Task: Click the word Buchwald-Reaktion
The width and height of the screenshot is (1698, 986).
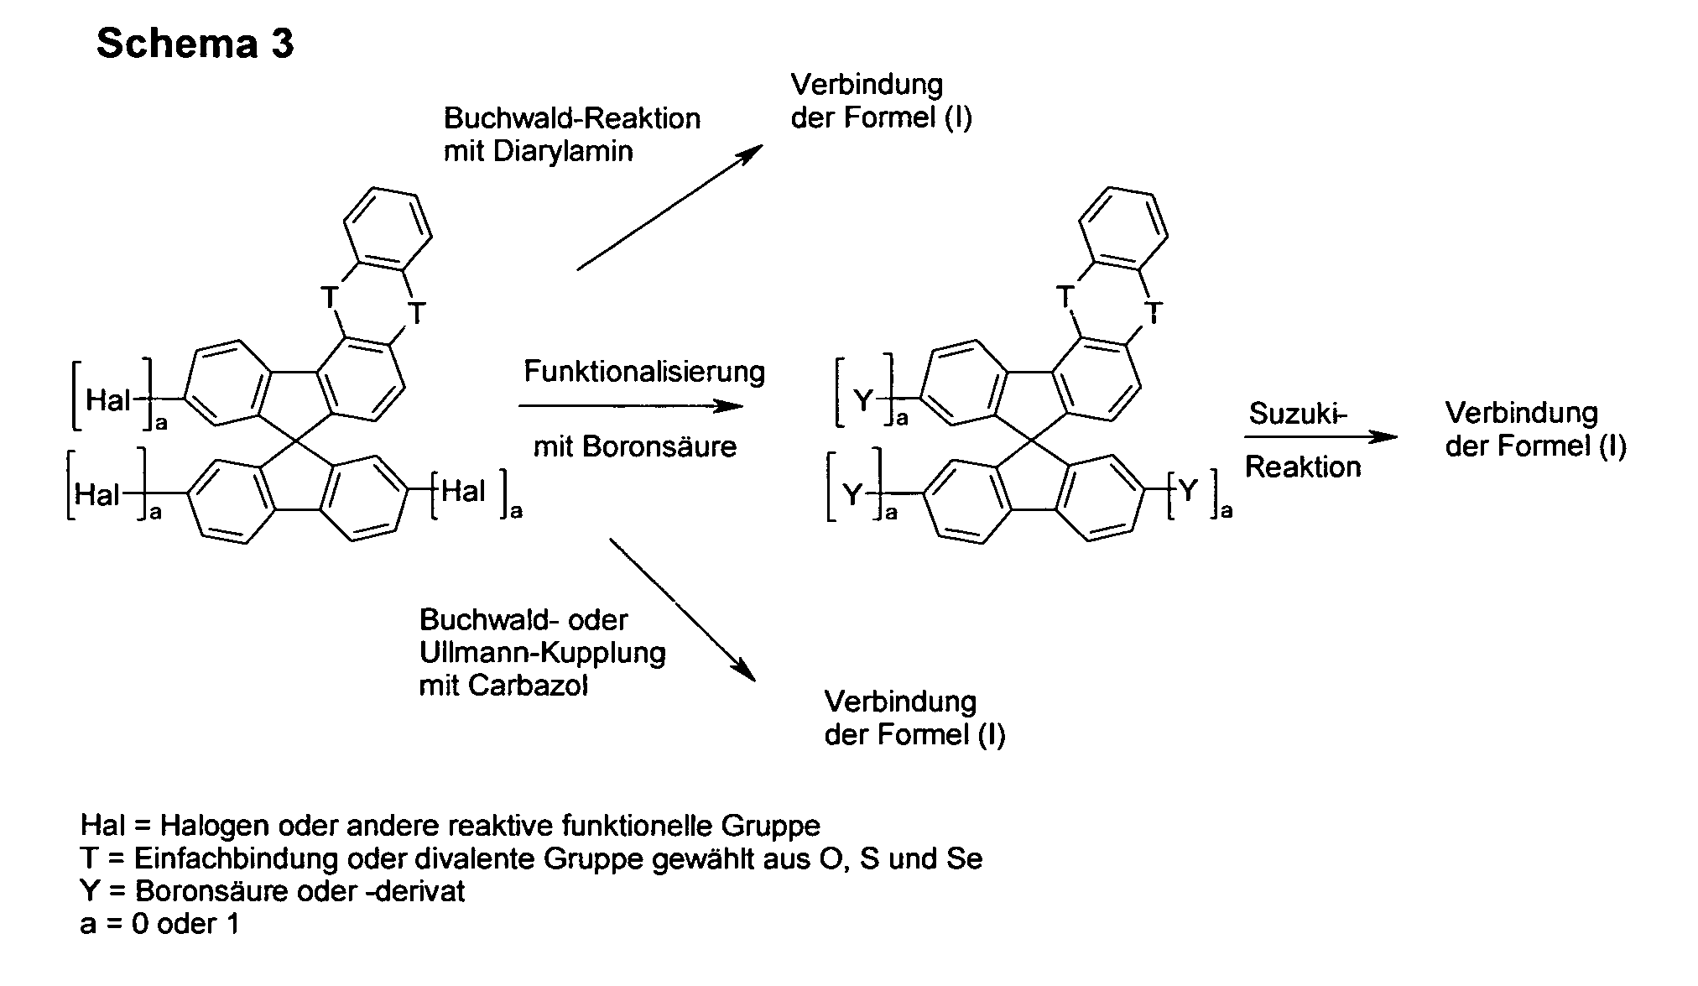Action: pyautogui.click(x=572, y=118)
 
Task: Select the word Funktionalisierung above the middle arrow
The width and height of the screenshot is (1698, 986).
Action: pyautogui.click(x=644, y=372)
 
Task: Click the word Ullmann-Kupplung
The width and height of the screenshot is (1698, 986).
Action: pyautogui.click(x=542, y=653)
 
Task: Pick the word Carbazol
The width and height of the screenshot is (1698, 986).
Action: pyautogui.click(x=529, y=686)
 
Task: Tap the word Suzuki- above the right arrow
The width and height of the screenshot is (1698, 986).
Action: pyautogui.click(x=1297, y=414)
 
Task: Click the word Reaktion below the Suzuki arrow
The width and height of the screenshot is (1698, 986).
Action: pyautogui.click(x=1303, y=467)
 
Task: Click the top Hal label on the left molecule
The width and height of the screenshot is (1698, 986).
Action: pyautogui.click(x=108, y=400)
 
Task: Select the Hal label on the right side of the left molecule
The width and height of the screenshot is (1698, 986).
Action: pyautogui.click(x=463, y=491)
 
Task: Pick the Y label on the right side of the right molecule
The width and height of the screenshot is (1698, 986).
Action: pyautogui.click(x=1188, y=491)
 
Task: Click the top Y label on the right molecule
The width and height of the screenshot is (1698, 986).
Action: pyautogui.click(x=864, y=401)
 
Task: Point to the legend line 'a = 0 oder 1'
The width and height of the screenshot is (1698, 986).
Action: pyautogui.click(x=159, y=924)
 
